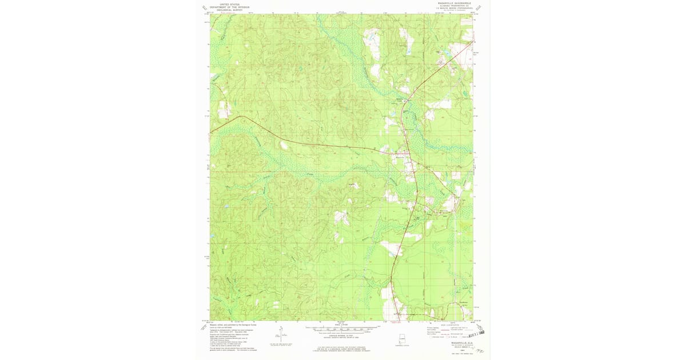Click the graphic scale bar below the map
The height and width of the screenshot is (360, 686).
click(x=342, y=329)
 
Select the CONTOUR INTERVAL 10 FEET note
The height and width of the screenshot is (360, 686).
click(x=342, y=335)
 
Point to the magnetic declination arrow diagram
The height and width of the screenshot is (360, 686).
click(x=280, y=336)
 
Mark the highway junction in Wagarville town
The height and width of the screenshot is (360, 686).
click(x=406, y=153)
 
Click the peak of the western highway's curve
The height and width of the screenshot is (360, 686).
click(x=242, y=117)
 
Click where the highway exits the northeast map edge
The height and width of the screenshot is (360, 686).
click(x=473, y=41)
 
